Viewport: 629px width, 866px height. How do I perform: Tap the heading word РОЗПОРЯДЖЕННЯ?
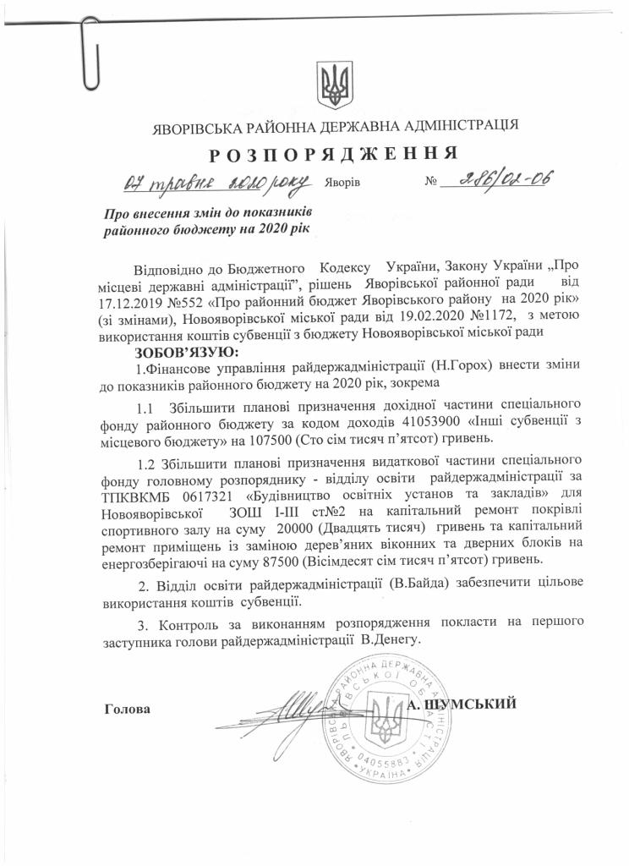pyautogui.click(x=334, y=154)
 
